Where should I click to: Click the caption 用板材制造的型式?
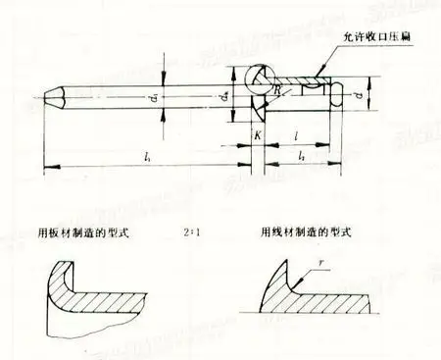click(x=89, y=235)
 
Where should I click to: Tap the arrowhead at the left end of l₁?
click(x=48, y=168)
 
